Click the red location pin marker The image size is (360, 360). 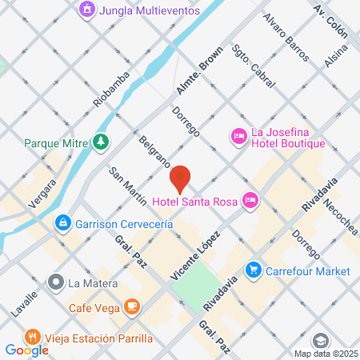pyautogui.click(x=181, y=178)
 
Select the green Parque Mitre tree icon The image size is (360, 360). pyautogui.click(x=101, y=143)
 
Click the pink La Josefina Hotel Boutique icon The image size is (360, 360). pyautogui.click(x=238, y=138)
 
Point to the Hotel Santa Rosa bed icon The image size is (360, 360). pyautogui.click(x=250, y=200)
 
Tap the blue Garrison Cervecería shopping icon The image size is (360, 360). pyautogui.click(x=61, y=221)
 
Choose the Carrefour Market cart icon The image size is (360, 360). pyautogui.click(x=254, y=270)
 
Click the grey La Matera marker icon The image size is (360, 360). pyautogui.click(x=55, y=282)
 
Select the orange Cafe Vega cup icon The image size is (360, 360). pyautogui.click(x=132, y=306)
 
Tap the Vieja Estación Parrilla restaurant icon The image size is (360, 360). pyautogui.click(x=32, y=336)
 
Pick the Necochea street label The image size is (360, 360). pyautogui.click(x=342, y=217)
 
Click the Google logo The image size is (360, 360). pyautogui.click(x=27, y=350)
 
